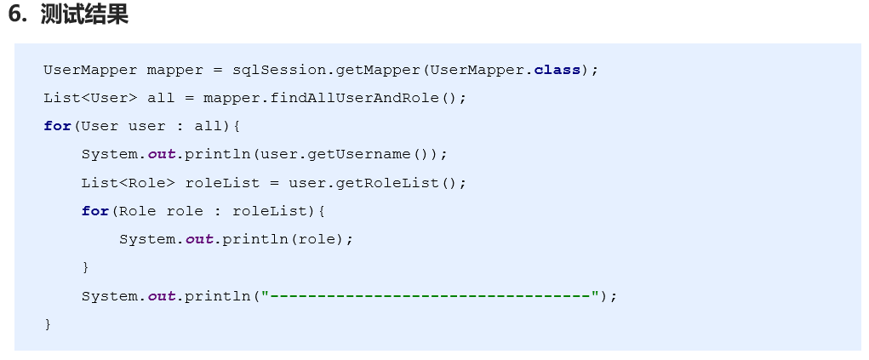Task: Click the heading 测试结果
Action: (84, 16)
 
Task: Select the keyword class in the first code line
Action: (557, 70)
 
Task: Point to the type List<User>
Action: (90, 98)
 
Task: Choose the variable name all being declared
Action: (161, 98)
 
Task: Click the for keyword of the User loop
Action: (57, 126)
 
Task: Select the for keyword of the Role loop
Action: (94, 211)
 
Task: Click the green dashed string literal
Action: (429, 296)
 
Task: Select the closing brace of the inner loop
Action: (85, 267)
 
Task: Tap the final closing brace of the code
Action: (48, 324)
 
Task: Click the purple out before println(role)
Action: (199, 239)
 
